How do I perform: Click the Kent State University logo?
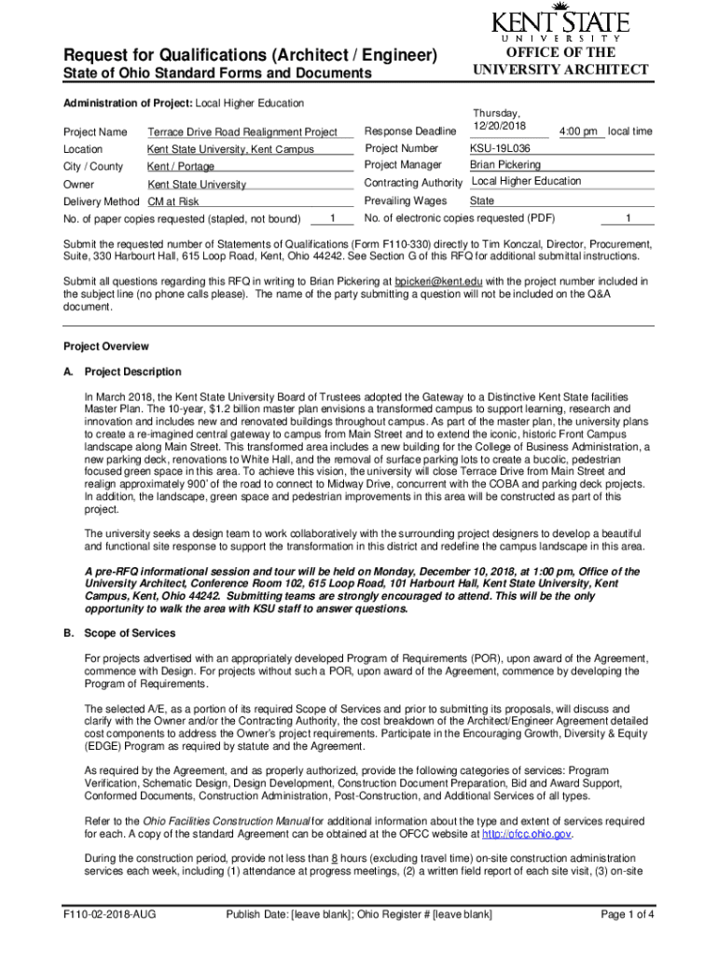(x=560, y=25)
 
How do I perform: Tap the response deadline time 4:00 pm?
(x=577, y=132)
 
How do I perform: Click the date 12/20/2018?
(x=500, y=126)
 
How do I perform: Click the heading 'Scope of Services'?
(x=124, y=633)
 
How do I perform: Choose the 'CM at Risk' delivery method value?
(x=173, y=201)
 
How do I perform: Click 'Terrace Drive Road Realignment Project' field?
(x=242, y=132)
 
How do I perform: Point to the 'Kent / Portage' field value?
(x=181, y=167)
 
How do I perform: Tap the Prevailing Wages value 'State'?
(x=482, y=201)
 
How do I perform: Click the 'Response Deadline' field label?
(x=409, y=131)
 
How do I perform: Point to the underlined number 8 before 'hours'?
(x=335, y=857)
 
